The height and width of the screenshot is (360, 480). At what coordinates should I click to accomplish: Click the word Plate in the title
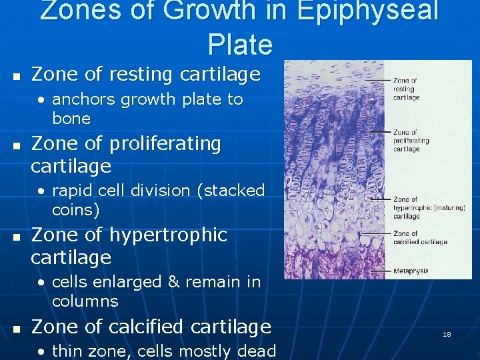tap(240, 44)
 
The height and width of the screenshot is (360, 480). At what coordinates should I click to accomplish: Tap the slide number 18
tap(447, 334)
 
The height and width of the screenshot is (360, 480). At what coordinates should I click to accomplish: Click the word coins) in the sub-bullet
tap(76, 210)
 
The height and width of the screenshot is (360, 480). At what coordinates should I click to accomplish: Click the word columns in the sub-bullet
tap(85, 301)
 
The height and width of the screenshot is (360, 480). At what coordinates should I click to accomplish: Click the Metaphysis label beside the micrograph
tap(411, 271)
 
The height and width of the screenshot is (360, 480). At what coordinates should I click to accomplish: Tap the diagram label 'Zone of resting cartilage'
tap(406, 89)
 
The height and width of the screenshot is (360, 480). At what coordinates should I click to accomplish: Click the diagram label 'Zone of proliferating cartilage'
tap(411, 141)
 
